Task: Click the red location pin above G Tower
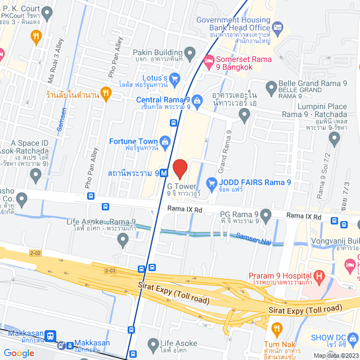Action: [x=179, y=168]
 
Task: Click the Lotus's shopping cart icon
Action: [x=174, y=78]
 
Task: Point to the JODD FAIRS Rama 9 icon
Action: [x=211, y=182]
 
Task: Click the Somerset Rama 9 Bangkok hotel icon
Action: [x=208, y=60]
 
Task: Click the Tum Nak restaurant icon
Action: [x=276, y=328]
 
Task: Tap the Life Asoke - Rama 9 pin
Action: [x=124, y=241]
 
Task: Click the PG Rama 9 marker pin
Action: [x=266, y=214]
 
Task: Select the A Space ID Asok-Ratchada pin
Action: [x=37, y=176]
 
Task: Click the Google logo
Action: [x=19, y=353]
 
